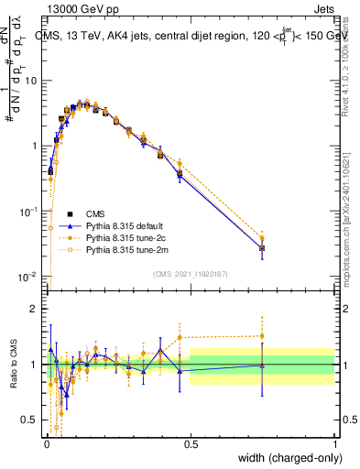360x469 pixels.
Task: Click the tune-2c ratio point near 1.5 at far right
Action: pos(262,336)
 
